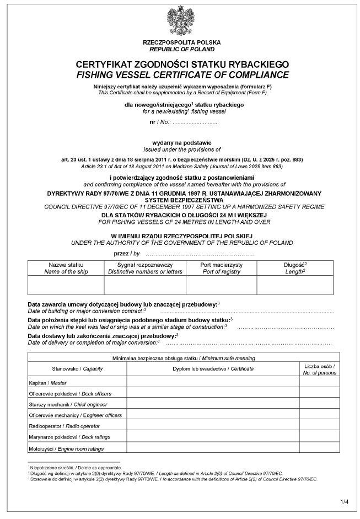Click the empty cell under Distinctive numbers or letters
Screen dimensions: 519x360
(144, 285)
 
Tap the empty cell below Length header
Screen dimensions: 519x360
(295, 285)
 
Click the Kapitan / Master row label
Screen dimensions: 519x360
(45, 382)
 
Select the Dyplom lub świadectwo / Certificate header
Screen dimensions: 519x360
(213, 368)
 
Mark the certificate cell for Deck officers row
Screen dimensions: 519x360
(213, 393)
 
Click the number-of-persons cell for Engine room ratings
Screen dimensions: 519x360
(319, 448)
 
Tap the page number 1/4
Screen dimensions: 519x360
(345, 501)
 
